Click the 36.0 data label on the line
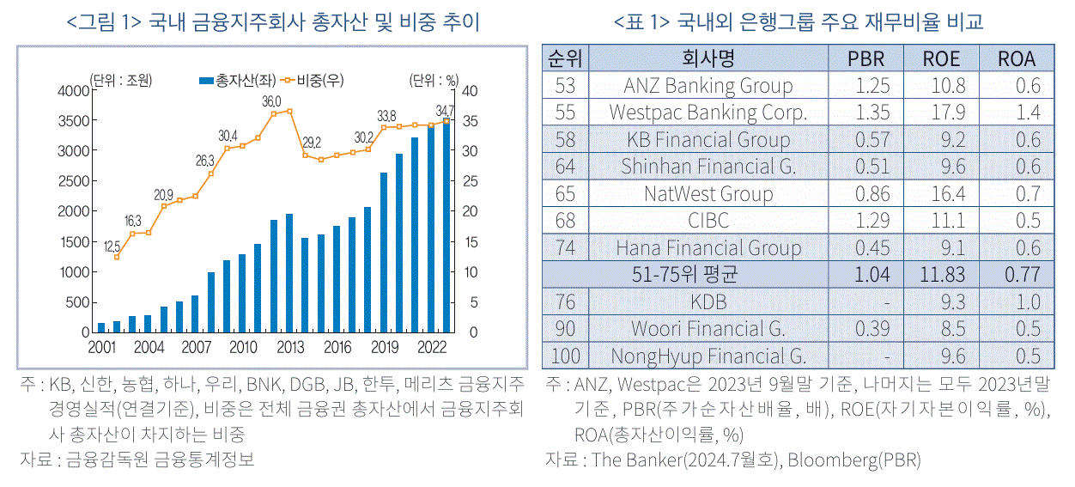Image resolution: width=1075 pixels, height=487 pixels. [271, 102]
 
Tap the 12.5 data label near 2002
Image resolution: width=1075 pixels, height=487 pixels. [112, 247]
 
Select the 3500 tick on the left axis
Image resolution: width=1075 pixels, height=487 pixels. [74, 120]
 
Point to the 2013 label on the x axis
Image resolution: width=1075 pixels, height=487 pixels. [290, 347]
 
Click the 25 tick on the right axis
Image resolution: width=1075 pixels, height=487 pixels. [470, 181]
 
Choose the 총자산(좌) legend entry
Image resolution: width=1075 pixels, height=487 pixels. [238, 80]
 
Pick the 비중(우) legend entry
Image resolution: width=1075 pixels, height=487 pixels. [312, 80]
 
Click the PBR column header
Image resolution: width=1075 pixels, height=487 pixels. [865, 58]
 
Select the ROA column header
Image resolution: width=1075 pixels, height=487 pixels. [1017, 58]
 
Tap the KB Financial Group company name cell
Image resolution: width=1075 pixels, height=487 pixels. [708, 140]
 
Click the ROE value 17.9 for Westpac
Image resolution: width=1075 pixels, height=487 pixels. [948, 113]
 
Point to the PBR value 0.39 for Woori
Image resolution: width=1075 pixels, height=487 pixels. [872, 329]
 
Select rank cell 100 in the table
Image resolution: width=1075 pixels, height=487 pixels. [565, 356]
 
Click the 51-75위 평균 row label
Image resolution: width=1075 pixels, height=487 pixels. [684, 275]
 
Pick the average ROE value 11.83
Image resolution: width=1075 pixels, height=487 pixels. [942, 275]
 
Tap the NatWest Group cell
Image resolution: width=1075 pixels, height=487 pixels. [708, 194]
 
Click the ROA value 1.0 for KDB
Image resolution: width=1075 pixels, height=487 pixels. [1028, 302]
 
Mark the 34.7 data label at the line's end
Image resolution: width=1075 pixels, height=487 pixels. [445, 111]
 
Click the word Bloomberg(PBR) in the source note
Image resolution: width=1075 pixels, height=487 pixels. [854, 460]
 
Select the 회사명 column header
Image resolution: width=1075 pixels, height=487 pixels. [708, 58]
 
